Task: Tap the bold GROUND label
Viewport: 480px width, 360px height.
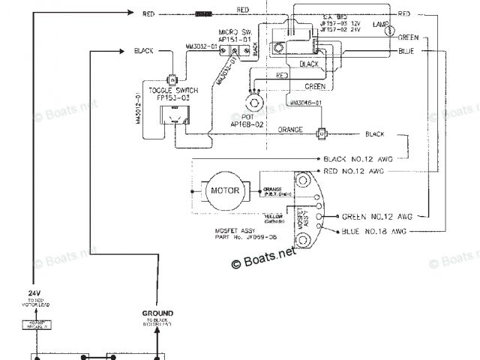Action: (x=158, y=313)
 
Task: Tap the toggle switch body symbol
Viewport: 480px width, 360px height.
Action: (x=174, y=115)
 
